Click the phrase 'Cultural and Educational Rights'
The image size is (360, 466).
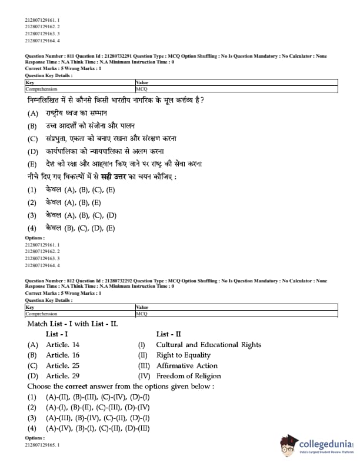(208, 345)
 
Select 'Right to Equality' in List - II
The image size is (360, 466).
(183, 355)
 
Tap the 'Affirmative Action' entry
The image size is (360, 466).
(186, 365)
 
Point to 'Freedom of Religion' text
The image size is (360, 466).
(188, 376)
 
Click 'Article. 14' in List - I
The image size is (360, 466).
(63, 345)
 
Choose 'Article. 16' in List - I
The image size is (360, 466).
(63, 355)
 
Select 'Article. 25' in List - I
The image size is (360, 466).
(63, 365)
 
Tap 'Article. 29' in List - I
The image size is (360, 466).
(63, 376)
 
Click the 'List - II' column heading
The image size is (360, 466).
(169, 334)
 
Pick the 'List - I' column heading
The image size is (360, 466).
(57, 334)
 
